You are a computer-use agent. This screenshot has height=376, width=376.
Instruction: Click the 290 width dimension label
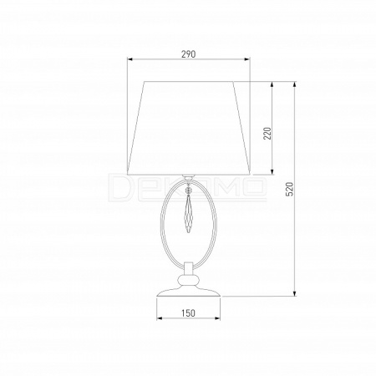(x=189, y=54)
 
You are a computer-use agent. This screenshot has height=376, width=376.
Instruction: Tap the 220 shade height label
(x=267, y=134)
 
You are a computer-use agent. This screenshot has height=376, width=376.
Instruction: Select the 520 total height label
(x=290, y=189)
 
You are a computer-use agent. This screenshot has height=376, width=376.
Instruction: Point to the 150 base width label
(x=188, y=313)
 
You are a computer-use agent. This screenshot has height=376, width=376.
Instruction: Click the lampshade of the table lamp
(x=189, y=128)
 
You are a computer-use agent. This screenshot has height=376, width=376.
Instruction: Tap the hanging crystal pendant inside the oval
(x=189, y=214)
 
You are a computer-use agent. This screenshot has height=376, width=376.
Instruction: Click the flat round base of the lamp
(x=189, y=292)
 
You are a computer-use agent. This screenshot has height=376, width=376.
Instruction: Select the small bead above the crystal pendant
(x=189, y=190)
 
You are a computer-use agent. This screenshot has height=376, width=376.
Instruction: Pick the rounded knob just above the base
(x=189, y=279)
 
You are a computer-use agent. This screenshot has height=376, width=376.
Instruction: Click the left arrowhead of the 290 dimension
(x=130, y=58)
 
